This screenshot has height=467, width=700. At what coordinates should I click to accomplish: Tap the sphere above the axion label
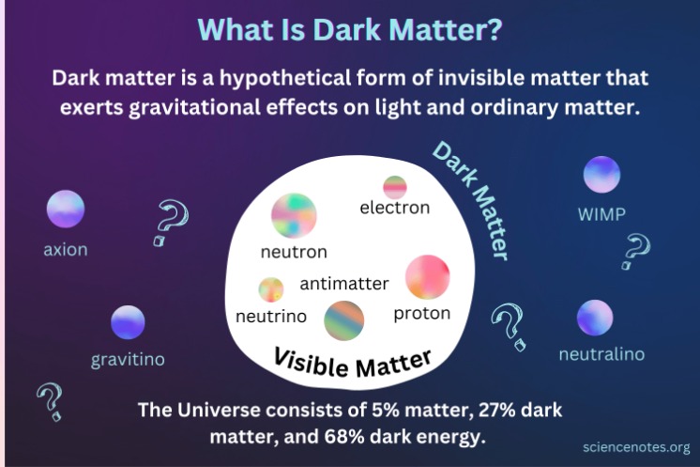66,209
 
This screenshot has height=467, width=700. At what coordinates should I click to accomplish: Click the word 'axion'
66,250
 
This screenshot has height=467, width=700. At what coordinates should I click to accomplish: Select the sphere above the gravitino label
129,322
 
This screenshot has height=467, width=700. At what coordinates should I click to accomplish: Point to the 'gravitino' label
128,360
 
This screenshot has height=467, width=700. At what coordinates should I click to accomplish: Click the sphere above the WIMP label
601,175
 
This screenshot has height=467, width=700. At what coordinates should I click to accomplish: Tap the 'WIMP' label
601,214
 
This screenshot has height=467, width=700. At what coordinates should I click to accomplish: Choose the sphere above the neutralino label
595,318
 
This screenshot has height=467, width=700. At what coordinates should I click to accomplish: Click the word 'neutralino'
601,354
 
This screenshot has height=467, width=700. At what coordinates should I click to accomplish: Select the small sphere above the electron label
394,186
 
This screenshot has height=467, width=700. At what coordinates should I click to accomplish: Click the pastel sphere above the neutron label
294,215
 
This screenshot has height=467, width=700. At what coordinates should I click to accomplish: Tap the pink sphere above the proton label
427,277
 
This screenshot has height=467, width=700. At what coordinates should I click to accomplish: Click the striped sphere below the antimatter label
344,320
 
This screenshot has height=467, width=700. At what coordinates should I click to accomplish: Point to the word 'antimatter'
344,283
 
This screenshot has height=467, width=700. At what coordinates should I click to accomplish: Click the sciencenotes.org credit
635,447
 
